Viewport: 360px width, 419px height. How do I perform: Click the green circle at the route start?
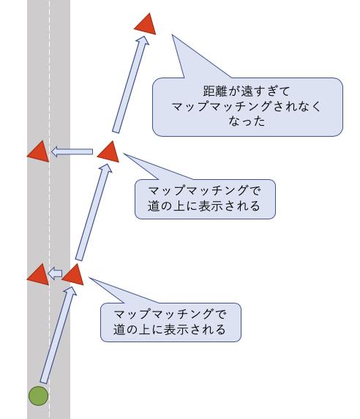39,396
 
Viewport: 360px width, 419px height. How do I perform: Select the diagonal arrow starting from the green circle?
59,335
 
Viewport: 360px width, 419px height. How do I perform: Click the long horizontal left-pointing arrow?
72,152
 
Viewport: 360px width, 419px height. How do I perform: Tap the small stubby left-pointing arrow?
55,273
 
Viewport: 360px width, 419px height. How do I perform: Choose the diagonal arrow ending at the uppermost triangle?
130,84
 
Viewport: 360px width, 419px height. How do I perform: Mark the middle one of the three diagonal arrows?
94,212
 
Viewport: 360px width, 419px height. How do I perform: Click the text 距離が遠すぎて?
247,91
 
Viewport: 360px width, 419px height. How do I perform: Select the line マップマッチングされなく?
247,106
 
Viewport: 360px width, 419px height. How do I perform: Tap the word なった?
247,121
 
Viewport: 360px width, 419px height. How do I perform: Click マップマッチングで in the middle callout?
204,191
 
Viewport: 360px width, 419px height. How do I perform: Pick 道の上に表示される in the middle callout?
204,206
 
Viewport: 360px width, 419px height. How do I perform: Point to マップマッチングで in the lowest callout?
170,314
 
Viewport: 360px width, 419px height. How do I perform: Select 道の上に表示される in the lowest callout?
170,330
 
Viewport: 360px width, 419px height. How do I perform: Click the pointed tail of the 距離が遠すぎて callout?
172,35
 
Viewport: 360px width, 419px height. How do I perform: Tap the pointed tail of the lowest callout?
89,278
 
